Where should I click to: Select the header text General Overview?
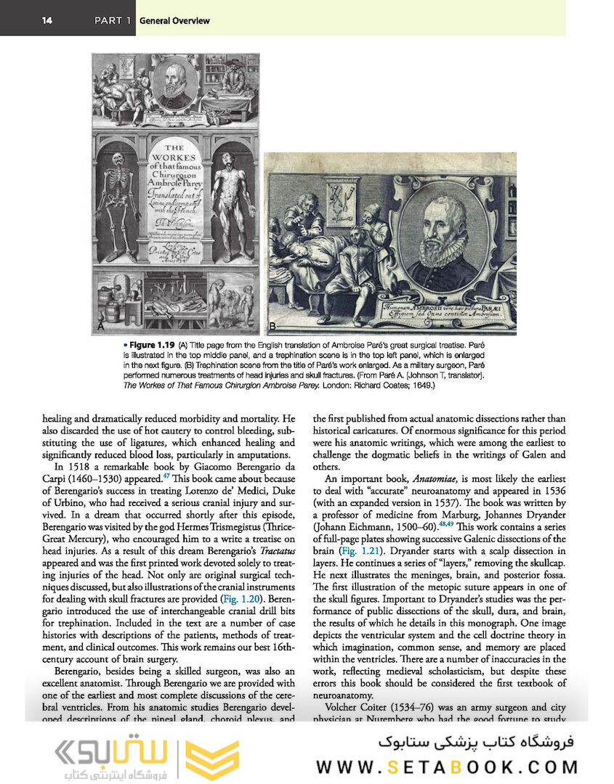click(174, 20)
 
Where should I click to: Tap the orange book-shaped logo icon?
click(212, 760)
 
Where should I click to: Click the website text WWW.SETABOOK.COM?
click(447, 767)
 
